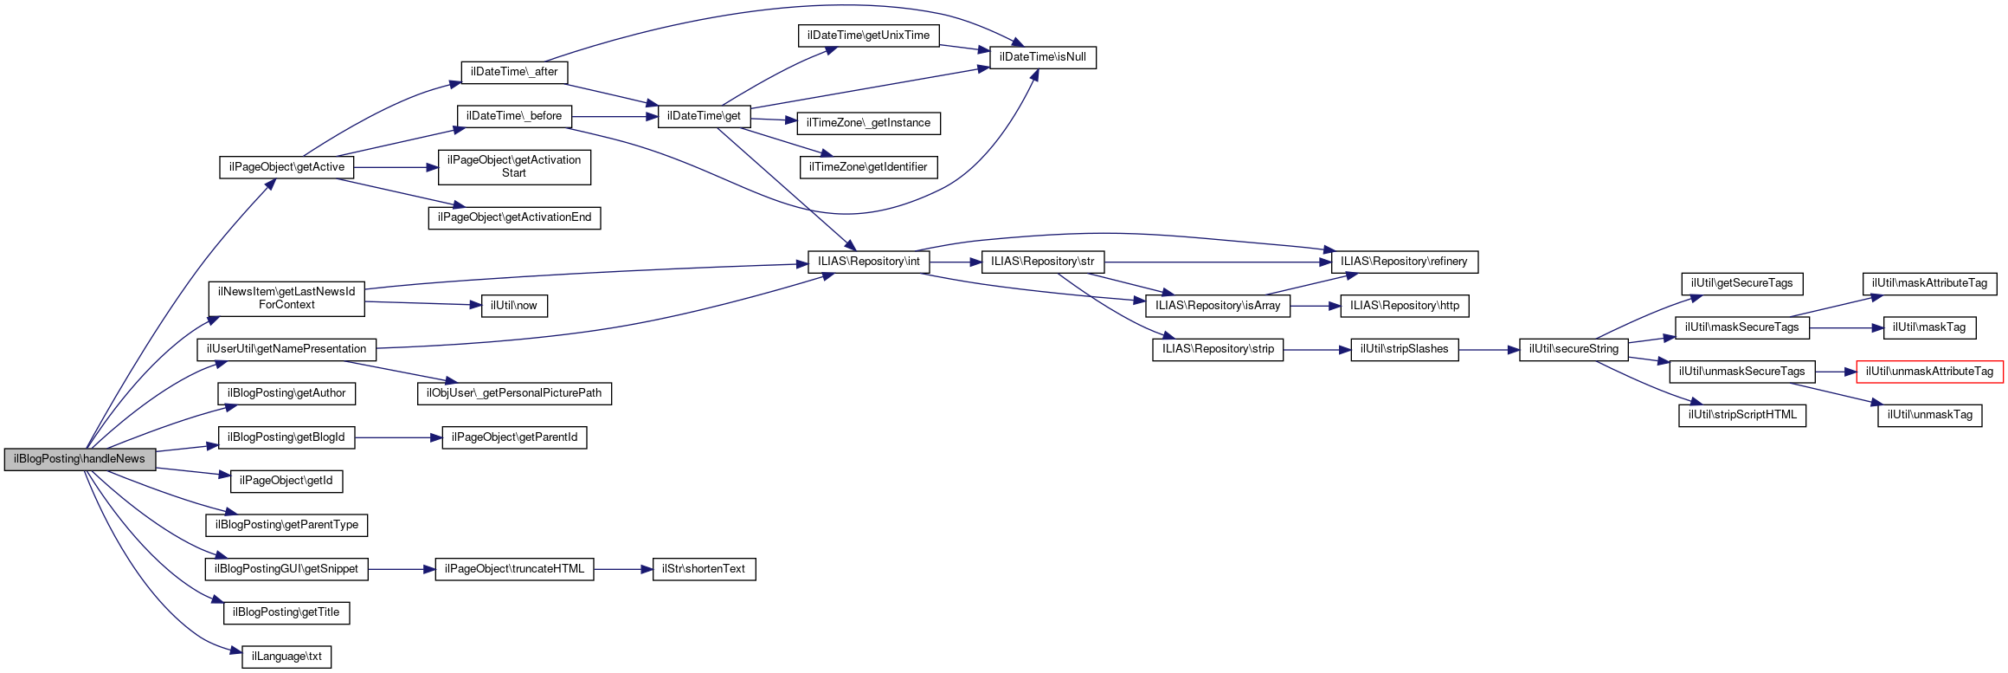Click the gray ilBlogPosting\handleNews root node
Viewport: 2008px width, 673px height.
(x=80, y=459)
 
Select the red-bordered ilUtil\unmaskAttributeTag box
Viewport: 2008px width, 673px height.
(x=1929, y=372)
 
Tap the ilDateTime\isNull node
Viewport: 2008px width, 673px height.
(x=1042, y=57)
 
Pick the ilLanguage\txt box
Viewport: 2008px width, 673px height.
(x=286, y=657)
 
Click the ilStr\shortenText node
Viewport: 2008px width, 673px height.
(x=703, y=569)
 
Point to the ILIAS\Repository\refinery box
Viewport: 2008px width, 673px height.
(x=1403, y=262)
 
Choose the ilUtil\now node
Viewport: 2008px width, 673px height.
(x=513, y=306)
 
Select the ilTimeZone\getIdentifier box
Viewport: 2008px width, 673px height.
(x=867, y=167)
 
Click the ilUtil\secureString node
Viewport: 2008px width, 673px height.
(x=1573, y=349)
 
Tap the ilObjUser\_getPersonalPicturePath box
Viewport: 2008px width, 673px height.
(x=513, y=393)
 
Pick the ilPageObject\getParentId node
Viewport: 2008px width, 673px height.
(x=514, y=437)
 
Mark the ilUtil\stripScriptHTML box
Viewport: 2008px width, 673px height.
(x=1741, y=415)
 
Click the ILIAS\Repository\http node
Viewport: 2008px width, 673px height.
(x=1404, y=306)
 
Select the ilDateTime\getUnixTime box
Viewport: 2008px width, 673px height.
(x=868, y=36)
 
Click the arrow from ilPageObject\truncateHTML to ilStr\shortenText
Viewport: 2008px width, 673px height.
(x=622, y=569)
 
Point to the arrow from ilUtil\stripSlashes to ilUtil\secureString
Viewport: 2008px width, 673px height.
(x=1489, y=350)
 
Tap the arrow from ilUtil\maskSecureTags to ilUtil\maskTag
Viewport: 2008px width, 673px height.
(x=1846, y=328)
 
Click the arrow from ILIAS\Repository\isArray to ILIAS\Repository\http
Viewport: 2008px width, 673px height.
(x=1315, y=306)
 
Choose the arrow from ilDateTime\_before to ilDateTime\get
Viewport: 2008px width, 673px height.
(x=614, y=116)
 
